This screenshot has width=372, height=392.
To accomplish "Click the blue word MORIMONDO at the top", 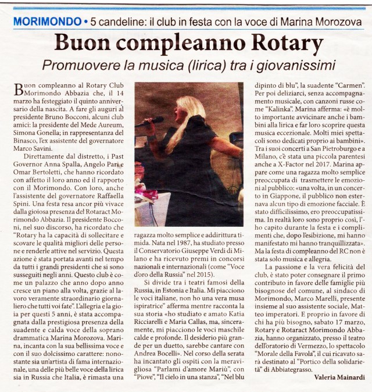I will pos(47,22).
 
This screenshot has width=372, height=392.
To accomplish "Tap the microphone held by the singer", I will pos(148,122).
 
